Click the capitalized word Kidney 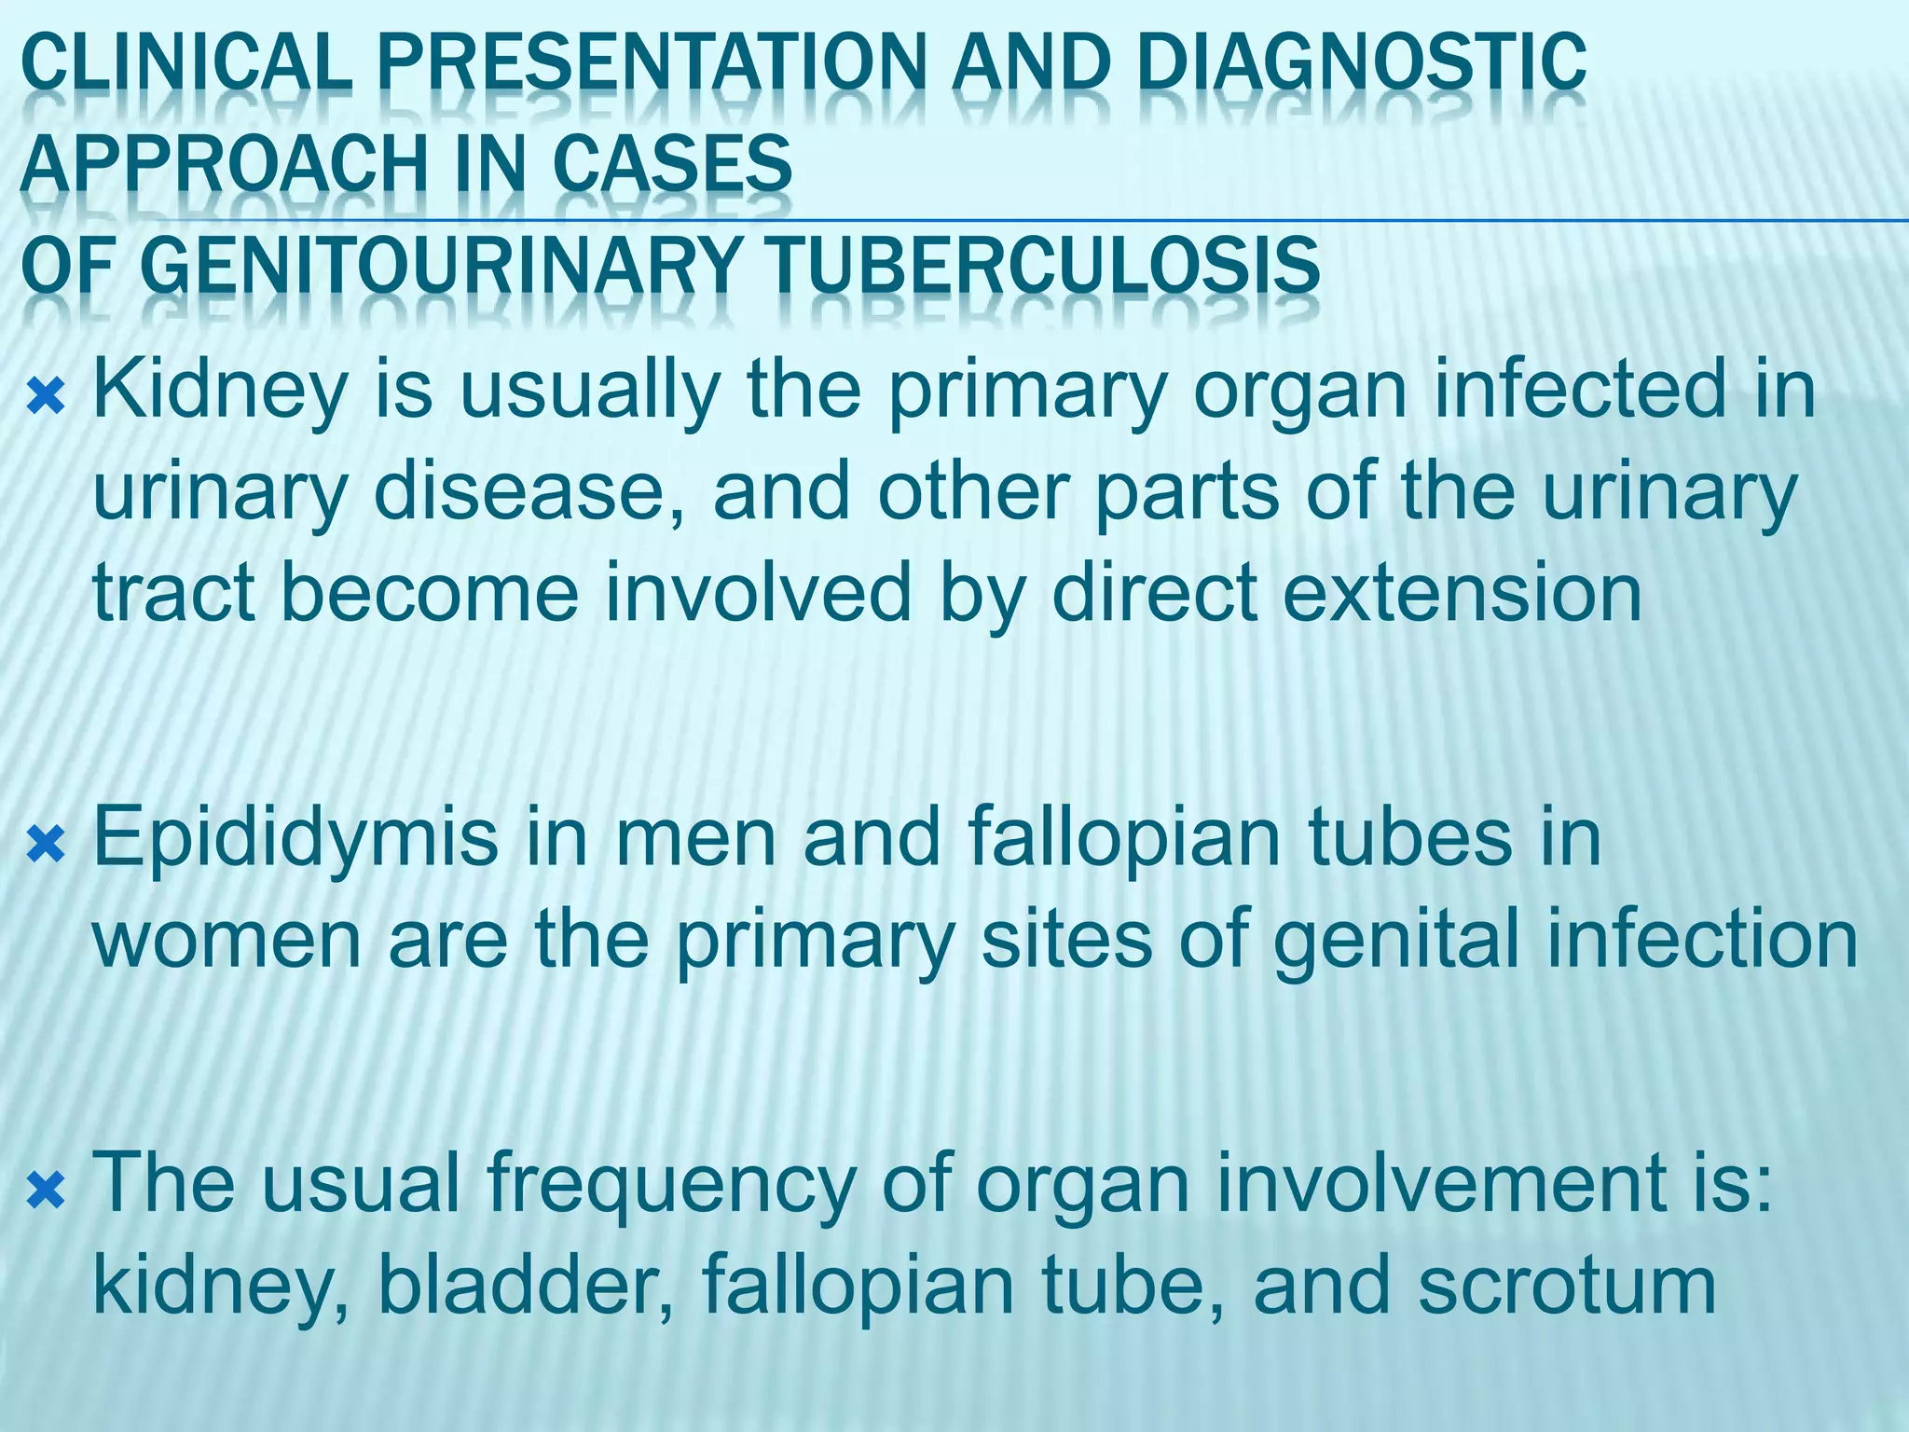tap(220, 392)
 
